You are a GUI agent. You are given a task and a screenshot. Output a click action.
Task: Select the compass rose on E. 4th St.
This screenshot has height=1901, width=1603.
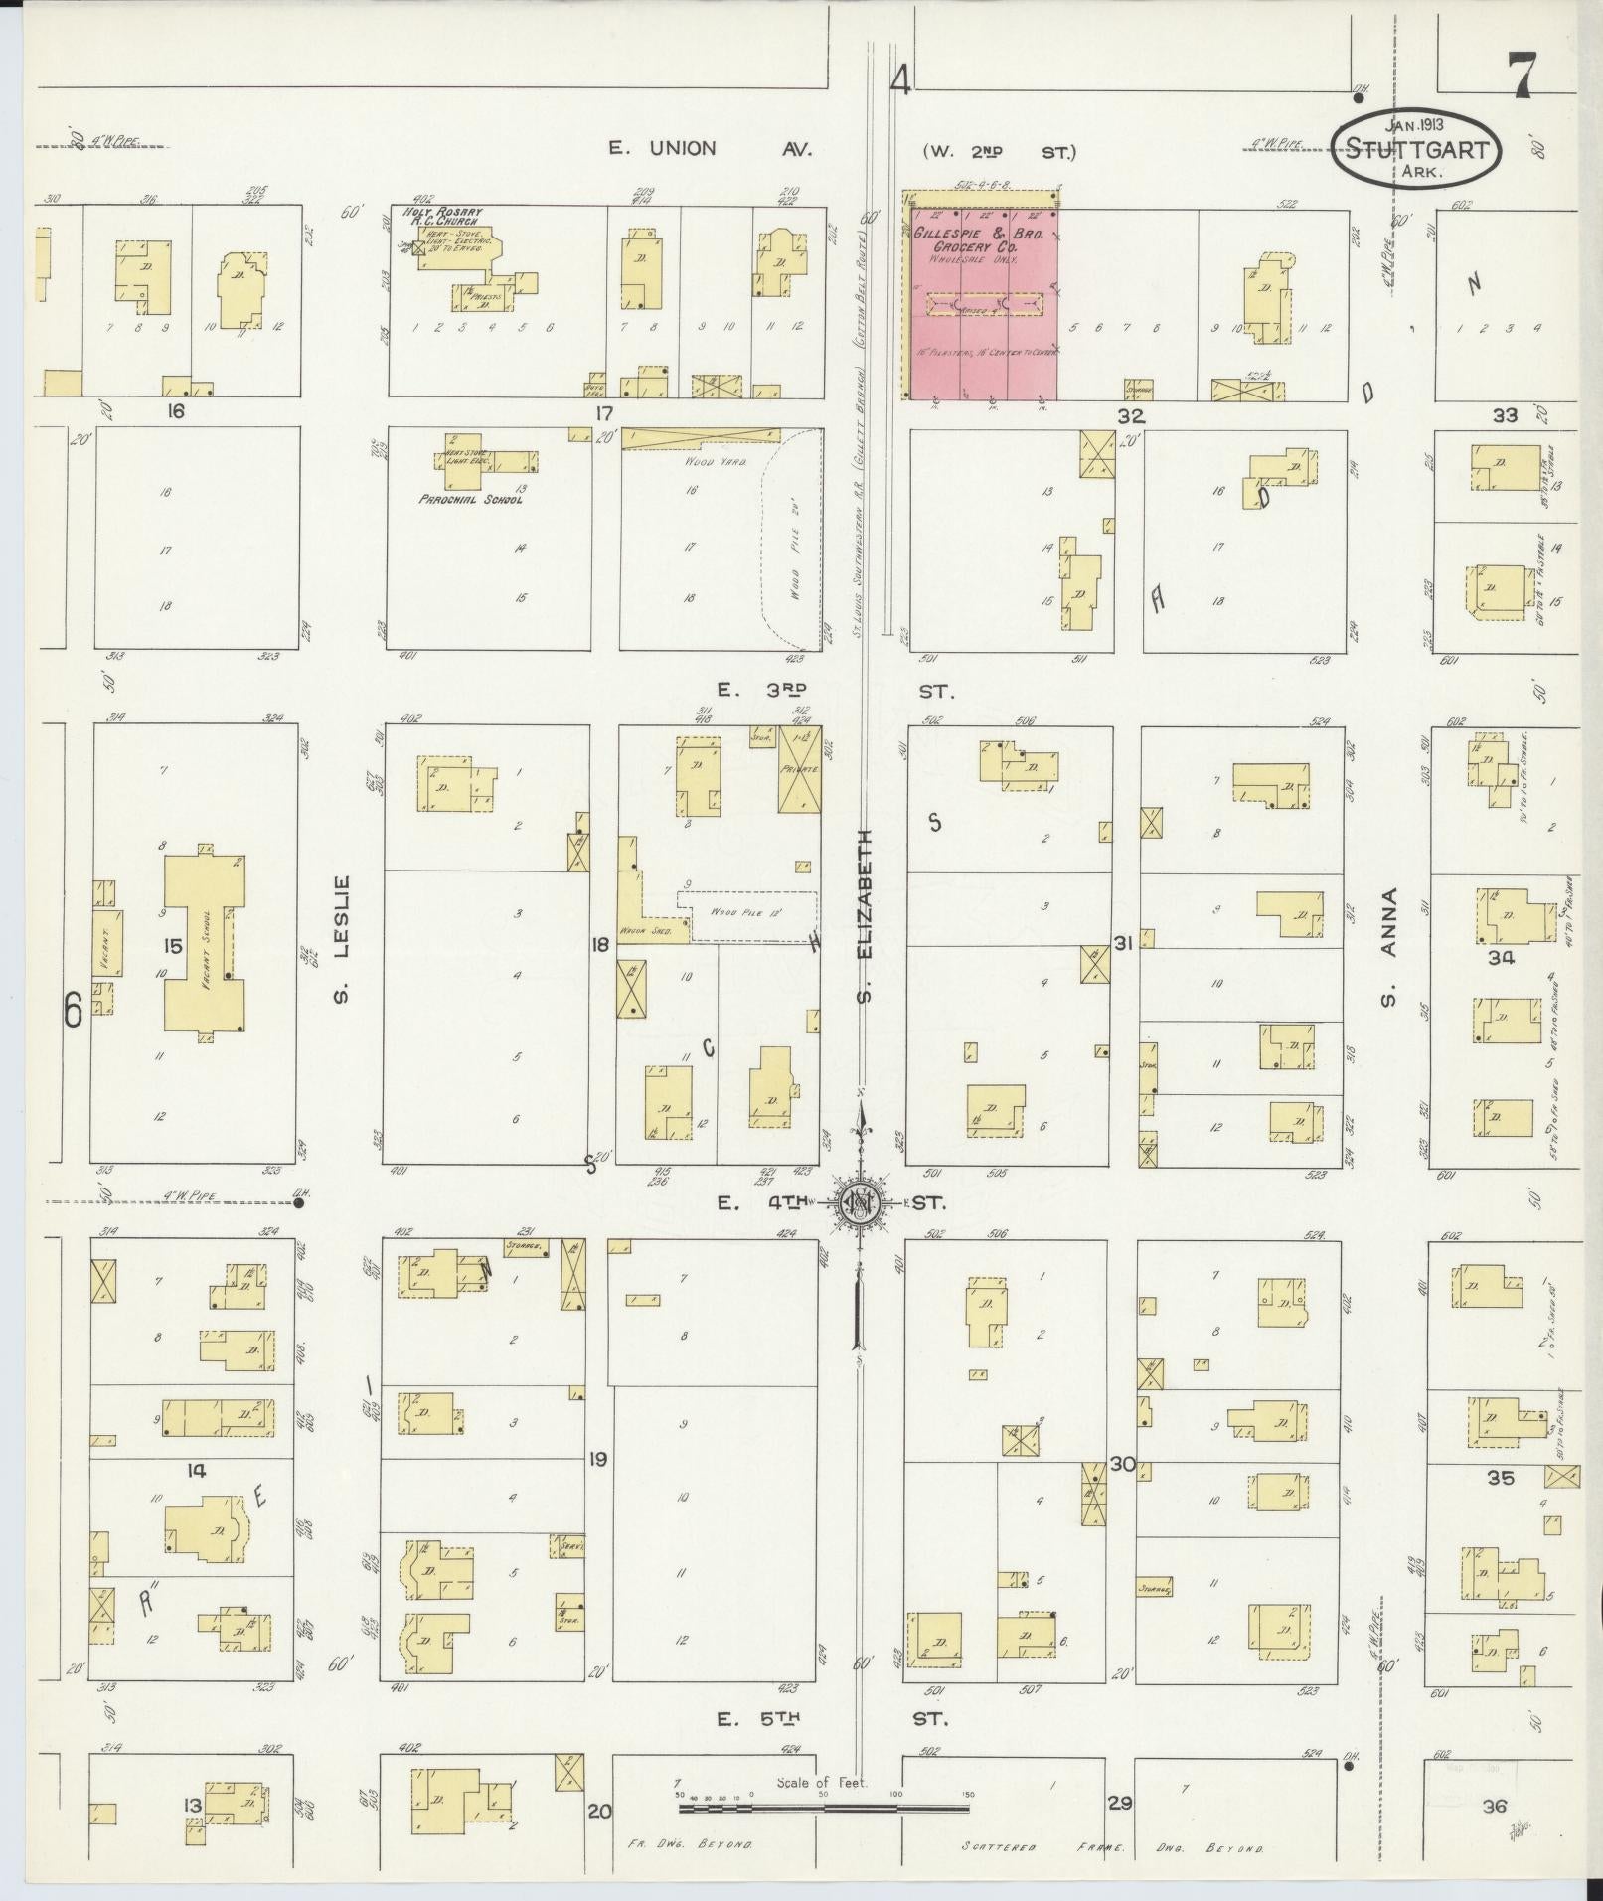858,1203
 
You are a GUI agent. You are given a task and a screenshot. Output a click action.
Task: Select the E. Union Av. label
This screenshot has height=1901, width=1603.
711,149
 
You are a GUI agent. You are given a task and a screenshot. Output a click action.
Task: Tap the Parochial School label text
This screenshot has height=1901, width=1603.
470,500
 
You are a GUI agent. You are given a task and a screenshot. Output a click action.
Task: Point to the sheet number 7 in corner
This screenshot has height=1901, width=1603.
1522,75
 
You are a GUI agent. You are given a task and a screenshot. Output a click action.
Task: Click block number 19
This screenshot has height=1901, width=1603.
597,1459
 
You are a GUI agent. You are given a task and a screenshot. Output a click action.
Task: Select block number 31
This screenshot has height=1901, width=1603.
1123,944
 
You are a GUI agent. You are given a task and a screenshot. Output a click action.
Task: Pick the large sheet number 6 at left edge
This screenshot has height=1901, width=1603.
72,1010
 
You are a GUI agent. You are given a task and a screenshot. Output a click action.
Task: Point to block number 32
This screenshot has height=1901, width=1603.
1130,415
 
